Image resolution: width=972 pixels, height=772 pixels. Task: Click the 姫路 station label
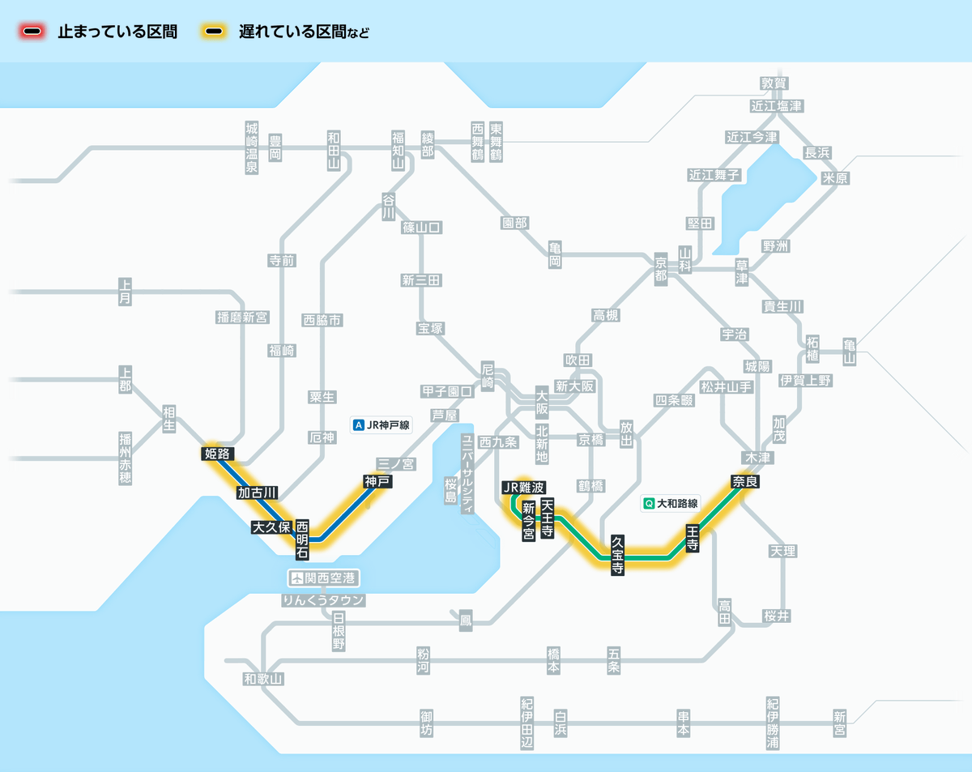click(217, 454)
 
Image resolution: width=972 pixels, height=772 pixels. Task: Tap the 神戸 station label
click(377, 481)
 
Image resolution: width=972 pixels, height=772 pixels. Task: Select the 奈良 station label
click(745, 481)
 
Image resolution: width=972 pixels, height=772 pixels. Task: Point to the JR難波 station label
click(523, 487)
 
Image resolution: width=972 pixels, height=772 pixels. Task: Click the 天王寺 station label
click(548, 519)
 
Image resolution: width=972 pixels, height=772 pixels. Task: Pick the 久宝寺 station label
click(617, 555)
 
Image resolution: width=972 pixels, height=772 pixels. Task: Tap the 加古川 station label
click(258, 493)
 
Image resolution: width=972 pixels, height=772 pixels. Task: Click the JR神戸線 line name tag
click(382, 424)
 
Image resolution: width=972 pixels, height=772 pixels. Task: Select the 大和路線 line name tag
click(670, 503)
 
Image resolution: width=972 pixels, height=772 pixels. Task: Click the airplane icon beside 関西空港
click(297, 578)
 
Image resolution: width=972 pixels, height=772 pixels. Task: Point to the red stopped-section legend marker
click(33, 32)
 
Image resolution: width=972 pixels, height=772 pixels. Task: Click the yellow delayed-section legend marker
click(215, 32)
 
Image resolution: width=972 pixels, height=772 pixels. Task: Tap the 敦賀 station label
click(774, 83)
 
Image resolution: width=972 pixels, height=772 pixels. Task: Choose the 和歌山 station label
click(263, 679)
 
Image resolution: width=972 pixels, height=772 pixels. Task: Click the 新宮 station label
click(839, 723)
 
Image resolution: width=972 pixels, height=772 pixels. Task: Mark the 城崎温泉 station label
click(252, 148)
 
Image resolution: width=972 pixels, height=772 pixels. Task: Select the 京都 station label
click(661, 267)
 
